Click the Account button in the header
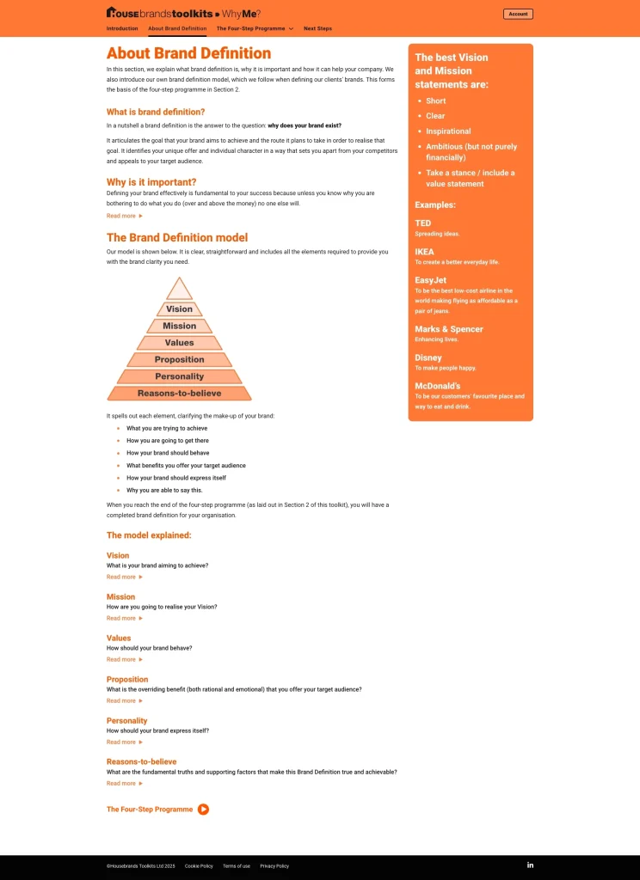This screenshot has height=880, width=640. coord(518,14)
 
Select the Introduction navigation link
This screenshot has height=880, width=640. coord(122,28)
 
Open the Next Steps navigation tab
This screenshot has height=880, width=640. coord(317,28)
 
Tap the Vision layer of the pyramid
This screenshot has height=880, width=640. coord(179,309)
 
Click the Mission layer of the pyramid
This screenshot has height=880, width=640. coord(179,326)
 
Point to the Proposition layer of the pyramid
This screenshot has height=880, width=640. coord(179,359)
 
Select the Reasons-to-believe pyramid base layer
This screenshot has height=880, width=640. coord(179,393)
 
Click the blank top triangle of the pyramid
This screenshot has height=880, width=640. coord(179,290)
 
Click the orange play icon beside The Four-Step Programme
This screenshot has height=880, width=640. coord(203,809)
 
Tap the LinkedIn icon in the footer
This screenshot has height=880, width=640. coord(530,865)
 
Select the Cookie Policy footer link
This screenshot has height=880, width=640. coord(199,865)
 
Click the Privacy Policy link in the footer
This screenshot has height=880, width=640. coord(274,865)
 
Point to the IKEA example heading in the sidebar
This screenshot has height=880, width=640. coord(425,252)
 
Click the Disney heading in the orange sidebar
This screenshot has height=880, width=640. coord(428,357)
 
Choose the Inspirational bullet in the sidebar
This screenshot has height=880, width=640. coord(448,131)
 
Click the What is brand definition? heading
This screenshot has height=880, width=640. coord(156,112)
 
